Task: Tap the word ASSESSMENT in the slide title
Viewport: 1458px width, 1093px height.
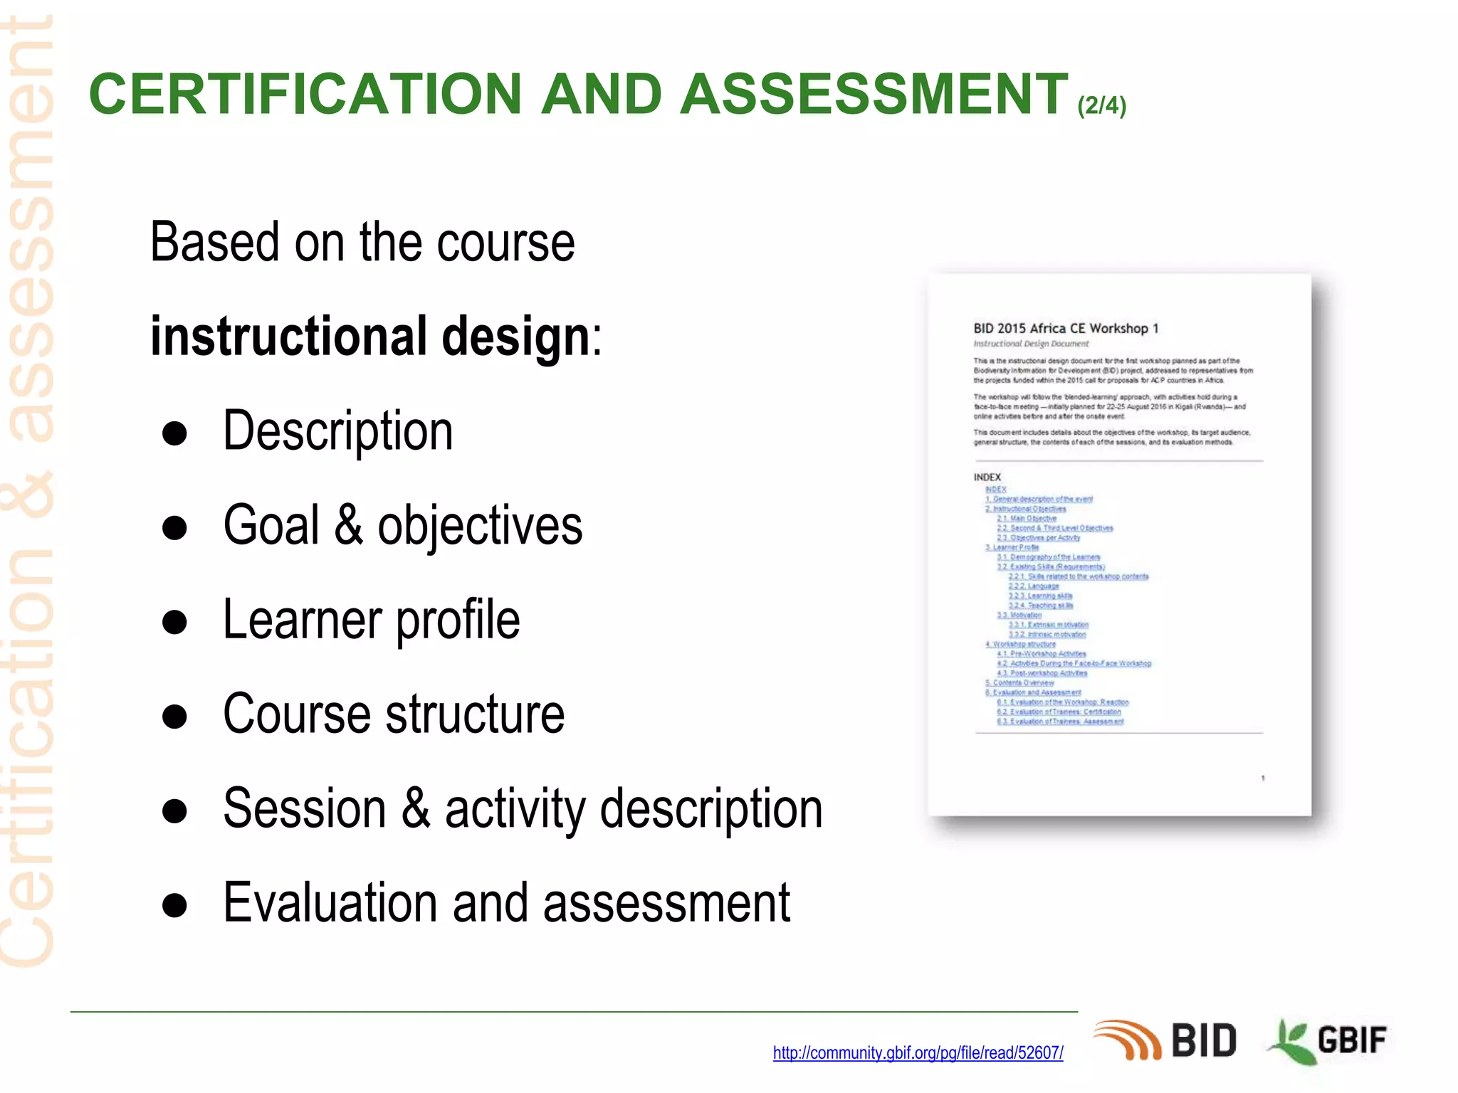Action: [874, 94]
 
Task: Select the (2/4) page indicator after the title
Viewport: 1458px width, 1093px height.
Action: [1101, 105]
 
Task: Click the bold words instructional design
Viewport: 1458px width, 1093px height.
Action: [370, 336]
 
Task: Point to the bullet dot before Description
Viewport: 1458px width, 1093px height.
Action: [174, 433]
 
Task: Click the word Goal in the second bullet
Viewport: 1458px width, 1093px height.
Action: [271, 525]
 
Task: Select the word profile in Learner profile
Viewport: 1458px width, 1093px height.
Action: [458, 620]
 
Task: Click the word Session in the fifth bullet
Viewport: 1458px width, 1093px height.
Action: [305, 808]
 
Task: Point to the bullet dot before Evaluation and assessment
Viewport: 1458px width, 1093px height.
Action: [174, 905]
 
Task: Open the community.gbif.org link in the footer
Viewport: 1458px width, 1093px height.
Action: [918, 1052]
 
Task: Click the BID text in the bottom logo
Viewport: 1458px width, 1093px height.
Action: [1204, 1041]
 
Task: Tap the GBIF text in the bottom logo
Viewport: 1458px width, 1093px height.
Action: [1352, 1040]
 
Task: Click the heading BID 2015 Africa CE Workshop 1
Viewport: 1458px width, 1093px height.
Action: [1066, 328]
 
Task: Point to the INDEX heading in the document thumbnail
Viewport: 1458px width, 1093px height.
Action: [987, 477]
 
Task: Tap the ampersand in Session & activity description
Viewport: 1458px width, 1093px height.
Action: [416, 808]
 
